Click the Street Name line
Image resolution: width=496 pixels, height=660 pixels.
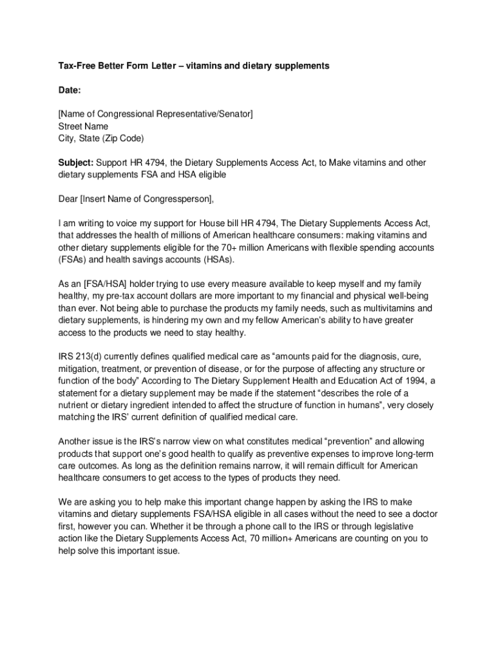coord(83,126)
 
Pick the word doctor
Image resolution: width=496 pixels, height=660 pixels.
coord(424,514)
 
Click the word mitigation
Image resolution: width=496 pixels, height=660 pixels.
coord(79,368)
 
